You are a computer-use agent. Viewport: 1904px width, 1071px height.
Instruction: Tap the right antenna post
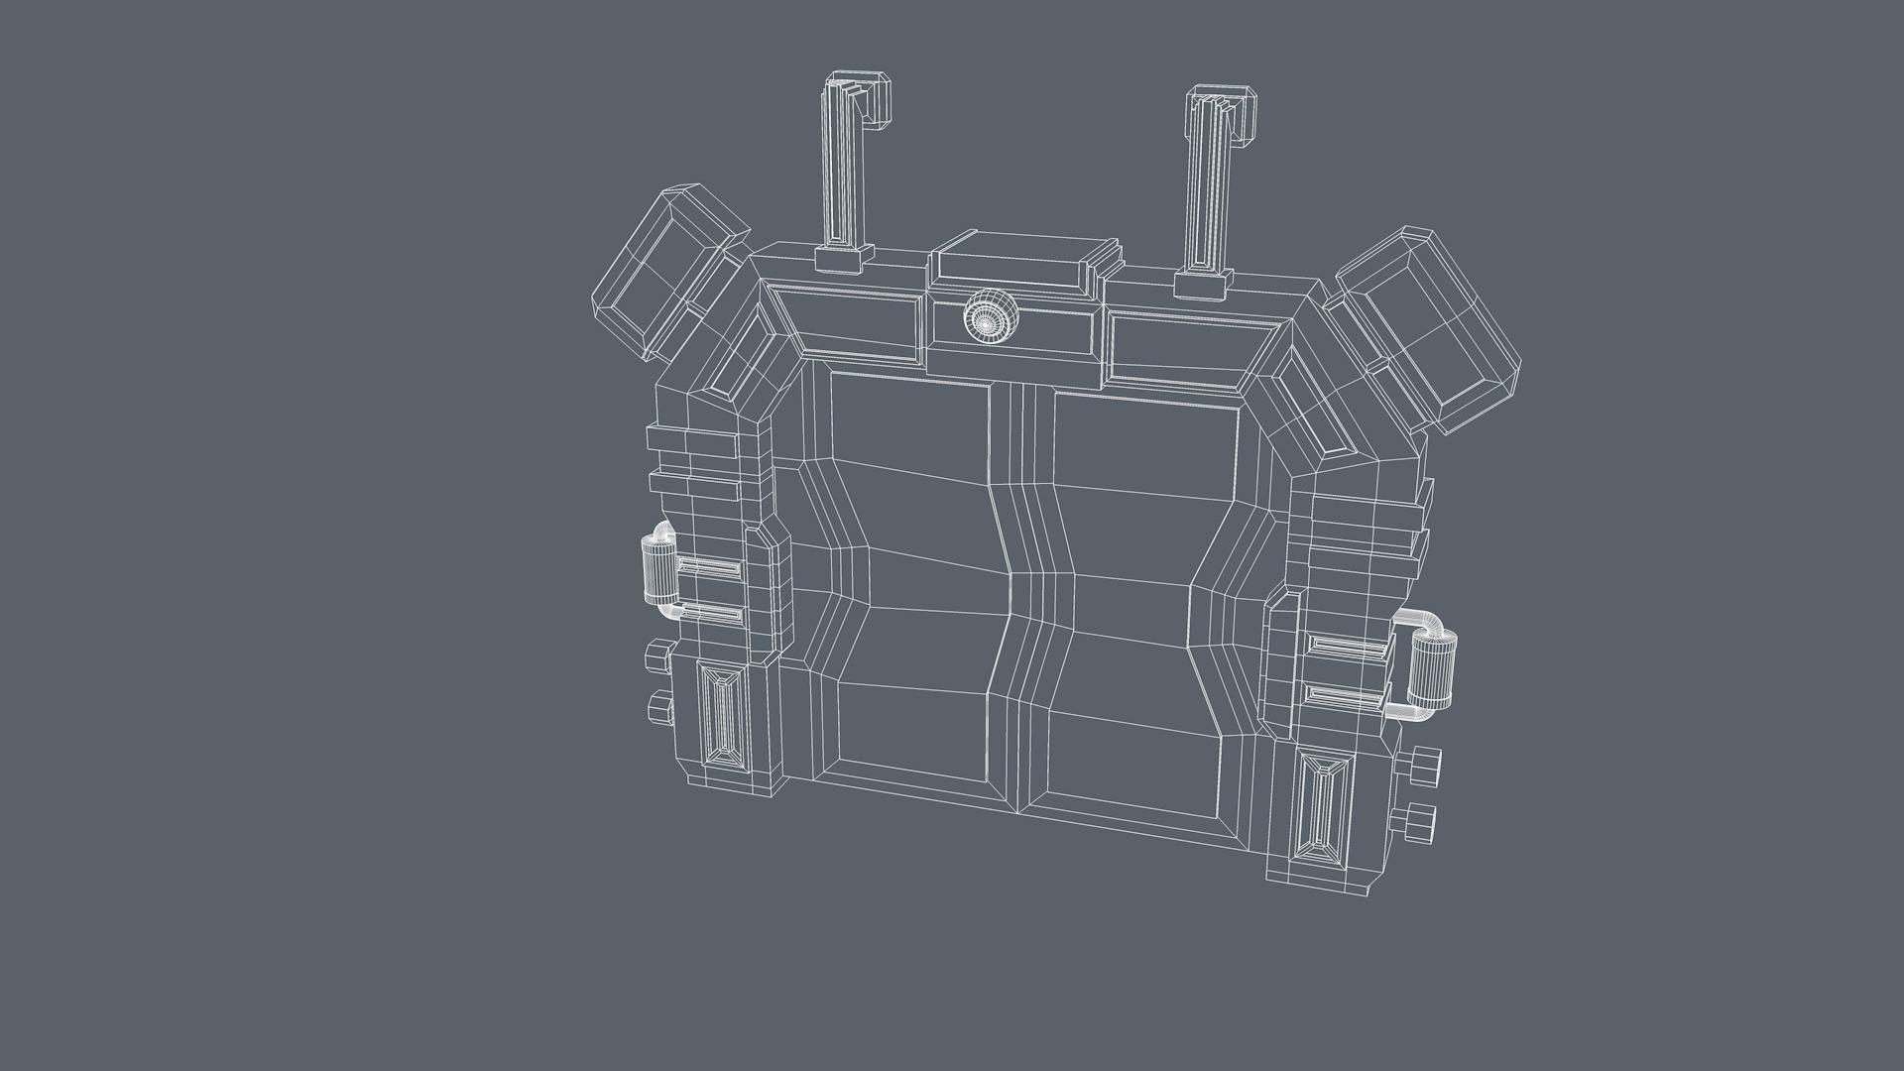[1211, 178]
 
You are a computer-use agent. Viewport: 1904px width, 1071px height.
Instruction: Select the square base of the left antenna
[838, 261]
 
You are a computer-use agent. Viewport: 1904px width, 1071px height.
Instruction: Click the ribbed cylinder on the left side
[655, 567]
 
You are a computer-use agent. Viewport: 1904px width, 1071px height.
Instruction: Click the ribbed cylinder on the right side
[1432, 671]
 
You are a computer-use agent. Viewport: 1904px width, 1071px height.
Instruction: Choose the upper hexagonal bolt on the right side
[1419, 765]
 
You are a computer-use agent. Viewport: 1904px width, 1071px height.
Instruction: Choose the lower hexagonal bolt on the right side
[1419, 822]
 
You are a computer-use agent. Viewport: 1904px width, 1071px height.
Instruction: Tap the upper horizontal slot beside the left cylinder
[710, 568]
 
